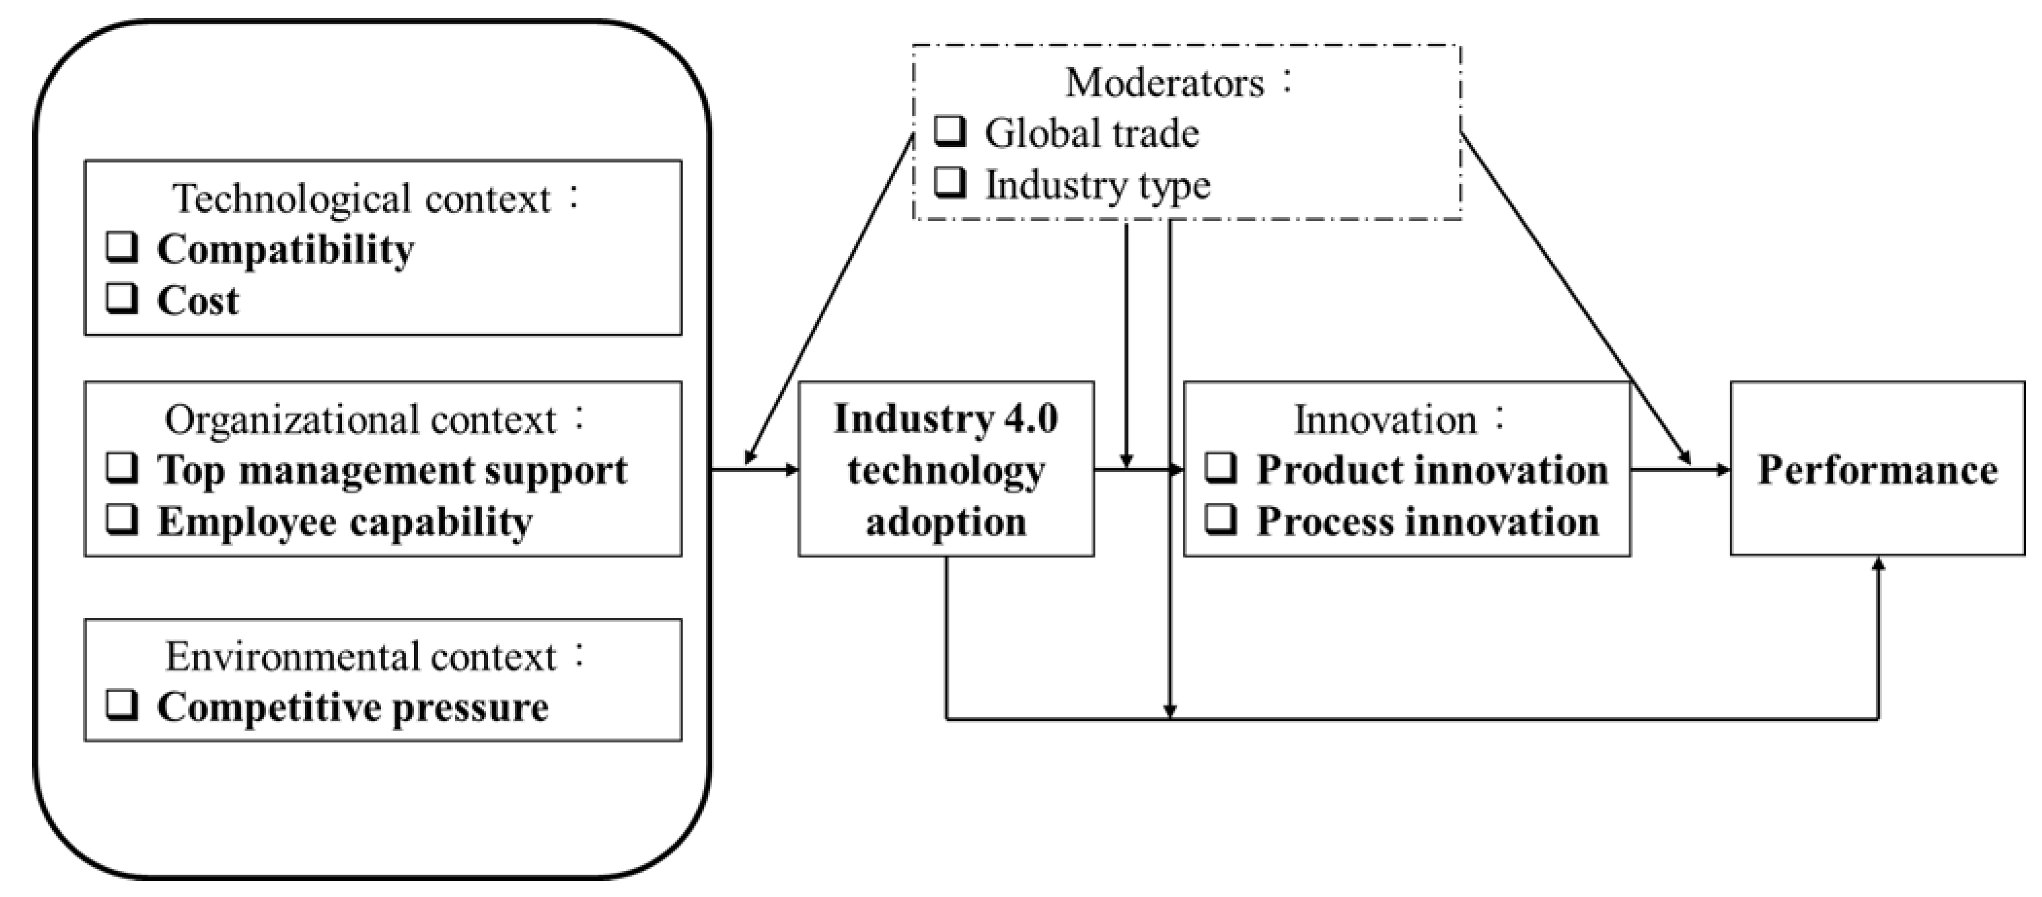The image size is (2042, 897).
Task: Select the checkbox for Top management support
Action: (x=122, y=468)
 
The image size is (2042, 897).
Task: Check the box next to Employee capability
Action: (x=122, y=520)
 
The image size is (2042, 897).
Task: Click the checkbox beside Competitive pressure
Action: (x=122, y=705)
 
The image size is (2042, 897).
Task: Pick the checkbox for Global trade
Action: (x=950, y=131)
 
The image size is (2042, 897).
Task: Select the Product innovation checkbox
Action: (x=1221, y=468)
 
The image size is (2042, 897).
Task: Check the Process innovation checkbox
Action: (x=1221, y=520)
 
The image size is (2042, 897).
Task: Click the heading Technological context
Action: (x=361, y=199)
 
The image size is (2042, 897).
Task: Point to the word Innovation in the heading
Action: (x=1385, y=420)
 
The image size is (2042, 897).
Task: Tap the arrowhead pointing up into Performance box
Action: (x=1877, y=563)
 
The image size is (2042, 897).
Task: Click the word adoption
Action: (x=946, y=522)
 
